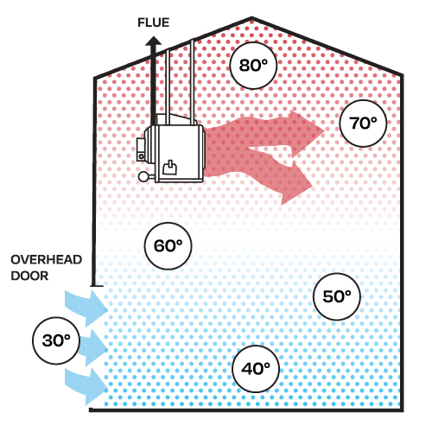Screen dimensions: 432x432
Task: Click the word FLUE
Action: click(153, 22)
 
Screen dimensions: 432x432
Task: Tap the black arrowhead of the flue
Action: click(154, 41)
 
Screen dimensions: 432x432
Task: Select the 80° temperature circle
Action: click(253, 66)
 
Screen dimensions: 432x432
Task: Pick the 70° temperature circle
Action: click(363, 124)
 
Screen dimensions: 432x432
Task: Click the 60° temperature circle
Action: click(168, 246)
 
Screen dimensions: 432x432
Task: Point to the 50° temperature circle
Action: click(337, 296)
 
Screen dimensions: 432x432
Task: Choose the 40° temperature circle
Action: click(256, 369)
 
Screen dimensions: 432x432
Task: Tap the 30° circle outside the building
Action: click(56, 340)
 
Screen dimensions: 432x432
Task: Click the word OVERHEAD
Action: click(47, 260)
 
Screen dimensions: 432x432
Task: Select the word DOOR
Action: click(29, 276)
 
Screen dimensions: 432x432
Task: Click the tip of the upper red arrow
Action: click(325, 130)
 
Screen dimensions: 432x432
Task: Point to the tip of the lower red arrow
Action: click(313, 187)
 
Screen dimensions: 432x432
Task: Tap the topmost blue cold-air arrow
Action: click(86, 308)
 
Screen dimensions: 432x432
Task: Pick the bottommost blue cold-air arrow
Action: click(86, 387)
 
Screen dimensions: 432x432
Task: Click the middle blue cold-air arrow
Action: click(93, 347)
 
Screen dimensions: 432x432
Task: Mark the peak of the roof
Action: click(252, 18)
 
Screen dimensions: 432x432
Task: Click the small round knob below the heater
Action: click(143, 176)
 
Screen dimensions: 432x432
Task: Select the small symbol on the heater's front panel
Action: click(170, 168)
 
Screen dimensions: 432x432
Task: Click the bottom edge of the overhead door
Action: click(97, 286)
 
